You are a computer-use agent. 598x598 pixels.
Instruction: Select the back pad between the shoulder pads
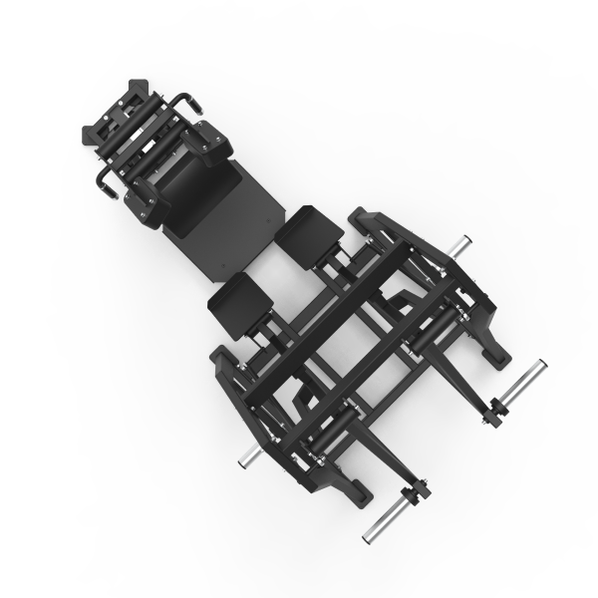[169, 184]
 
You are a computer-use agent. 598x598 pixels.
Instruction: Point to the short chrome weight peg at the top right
[461, 243]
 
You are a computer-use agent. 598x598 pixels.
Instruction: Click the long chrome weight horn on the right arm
[523, 380]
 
